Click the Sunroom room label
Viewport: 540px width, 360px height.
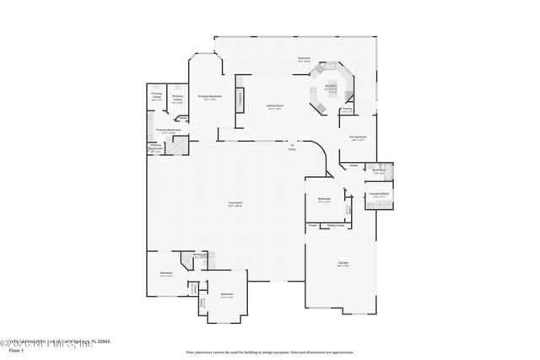pos(304,58)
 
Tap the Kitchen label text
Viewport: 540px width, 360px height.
pos(332,85)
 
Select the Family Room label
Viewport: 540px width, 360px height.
pos(275,106)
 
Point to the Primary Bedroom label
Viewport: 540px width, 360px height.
pos(209,97)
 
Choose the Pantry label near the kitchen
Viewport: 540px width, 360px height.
pos(347,108)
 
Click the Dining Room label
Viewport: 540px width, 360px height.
pos(358,137)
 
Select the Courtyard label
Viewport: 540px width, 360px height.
pos(236,203)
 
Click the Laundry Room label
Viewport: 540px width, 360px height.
pos(379,194)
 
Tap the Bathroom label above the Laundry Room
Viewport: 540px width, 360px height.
pos(379,169)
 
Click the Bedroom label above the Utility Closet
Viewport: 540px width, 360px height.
pos(324,199)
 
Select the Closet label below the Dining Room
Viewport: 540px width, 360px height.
pos(354,164)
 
